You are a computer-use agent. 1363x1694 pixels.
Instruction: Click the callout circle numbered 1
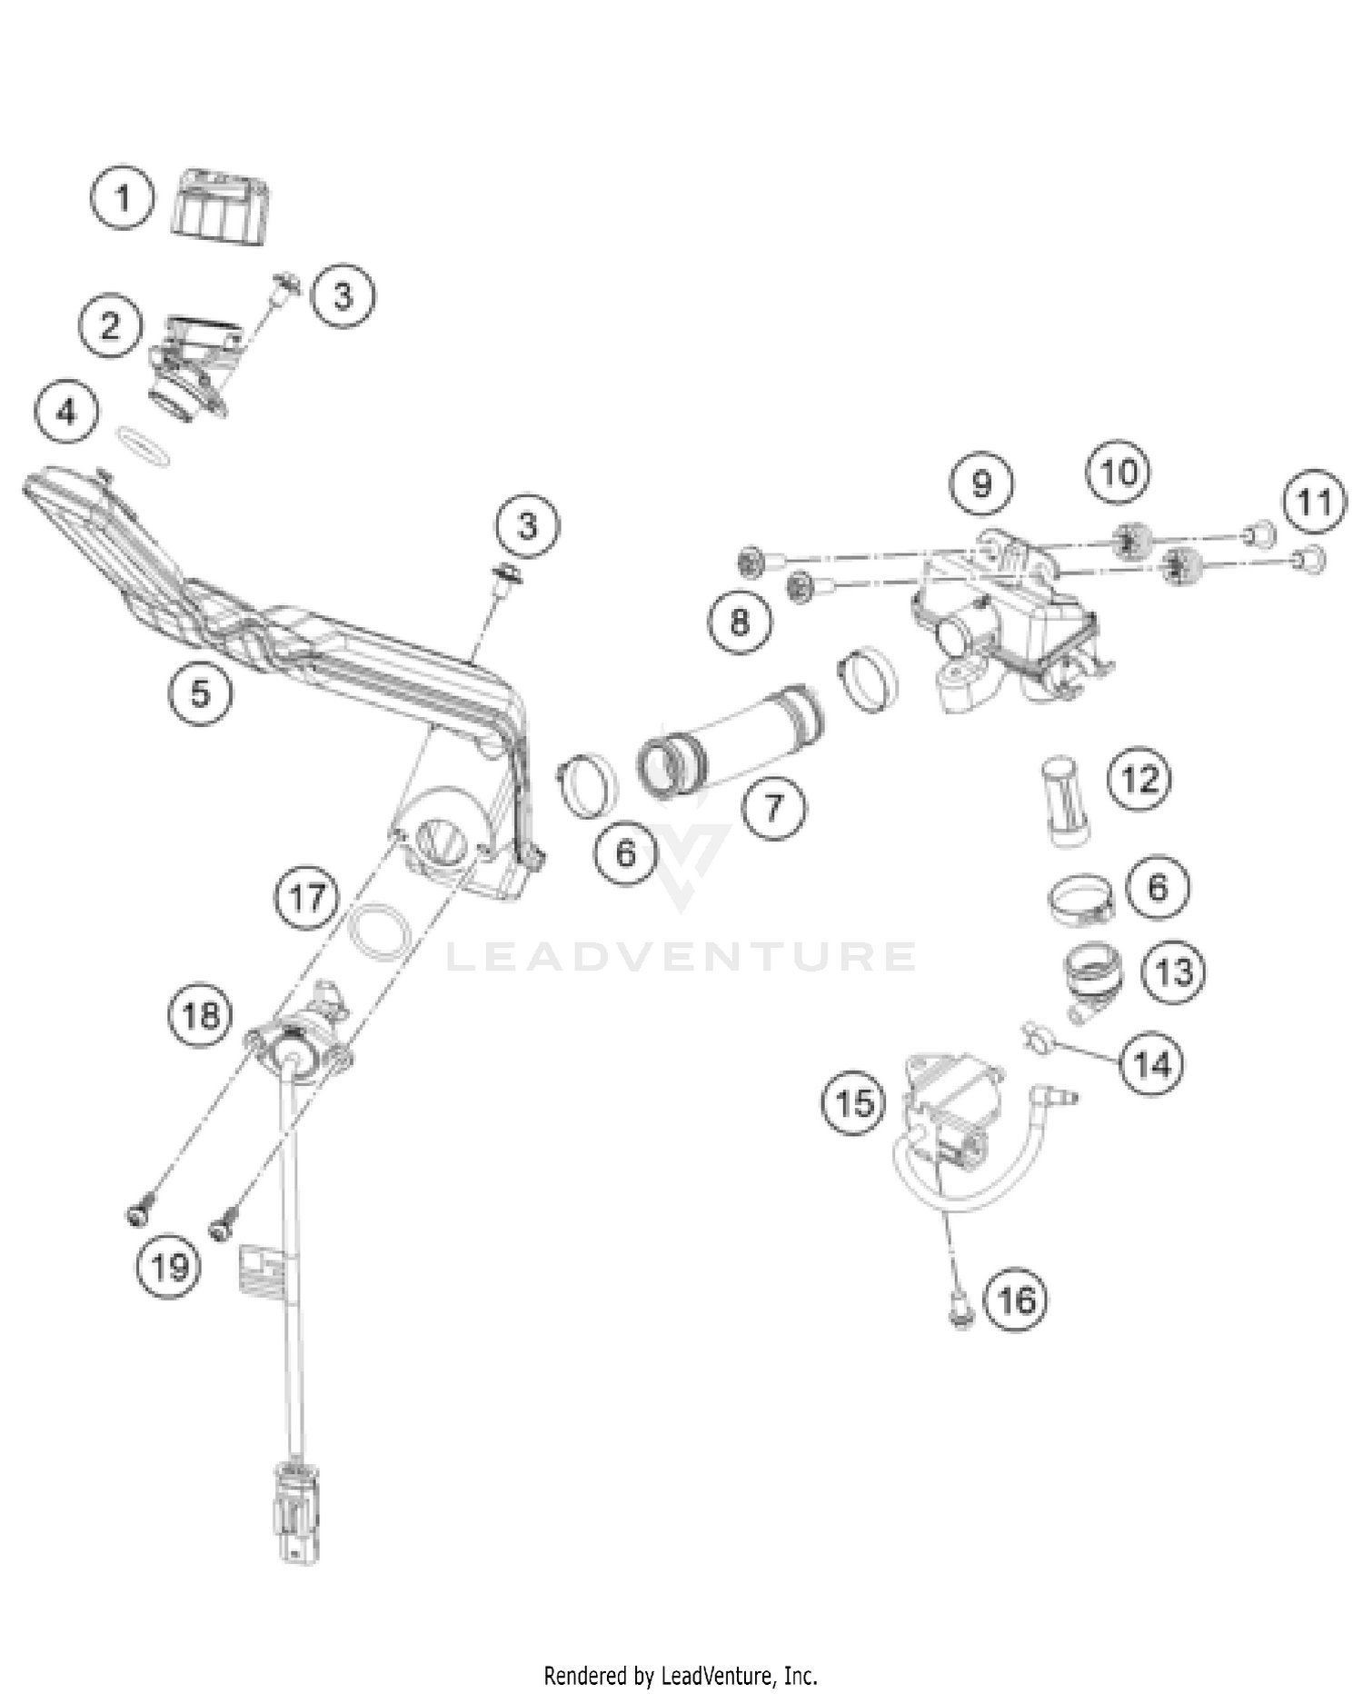124,197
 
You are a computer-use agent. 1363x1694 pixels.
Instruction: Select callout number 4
67,414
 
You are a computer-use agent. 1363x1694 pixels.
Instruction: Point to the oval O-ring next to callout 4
144,446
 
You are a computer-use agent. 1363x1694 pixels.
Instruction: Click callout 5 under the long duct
200,693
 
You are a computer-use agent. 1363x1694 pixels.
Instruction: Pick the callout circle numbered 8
741,622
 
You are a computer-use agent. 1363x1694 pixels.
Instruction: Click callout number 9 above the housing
981,483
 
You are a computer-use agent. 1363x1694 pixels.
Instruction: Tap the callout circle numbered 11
1314,502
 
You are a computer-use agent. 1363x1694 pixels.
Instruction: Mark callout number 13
1173,972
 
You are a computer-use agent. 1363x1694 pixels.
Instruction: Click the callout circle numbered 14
1152,1063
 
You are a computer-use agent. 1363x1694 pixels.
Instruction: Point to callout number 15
853,1104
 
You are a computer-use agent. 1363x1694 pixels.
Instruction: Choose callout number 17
307,898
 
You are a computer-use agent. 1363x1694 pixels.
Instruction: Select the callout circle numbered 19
170,1267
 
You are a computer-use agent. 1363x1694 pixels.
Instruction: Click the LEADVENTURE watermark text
681,957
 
